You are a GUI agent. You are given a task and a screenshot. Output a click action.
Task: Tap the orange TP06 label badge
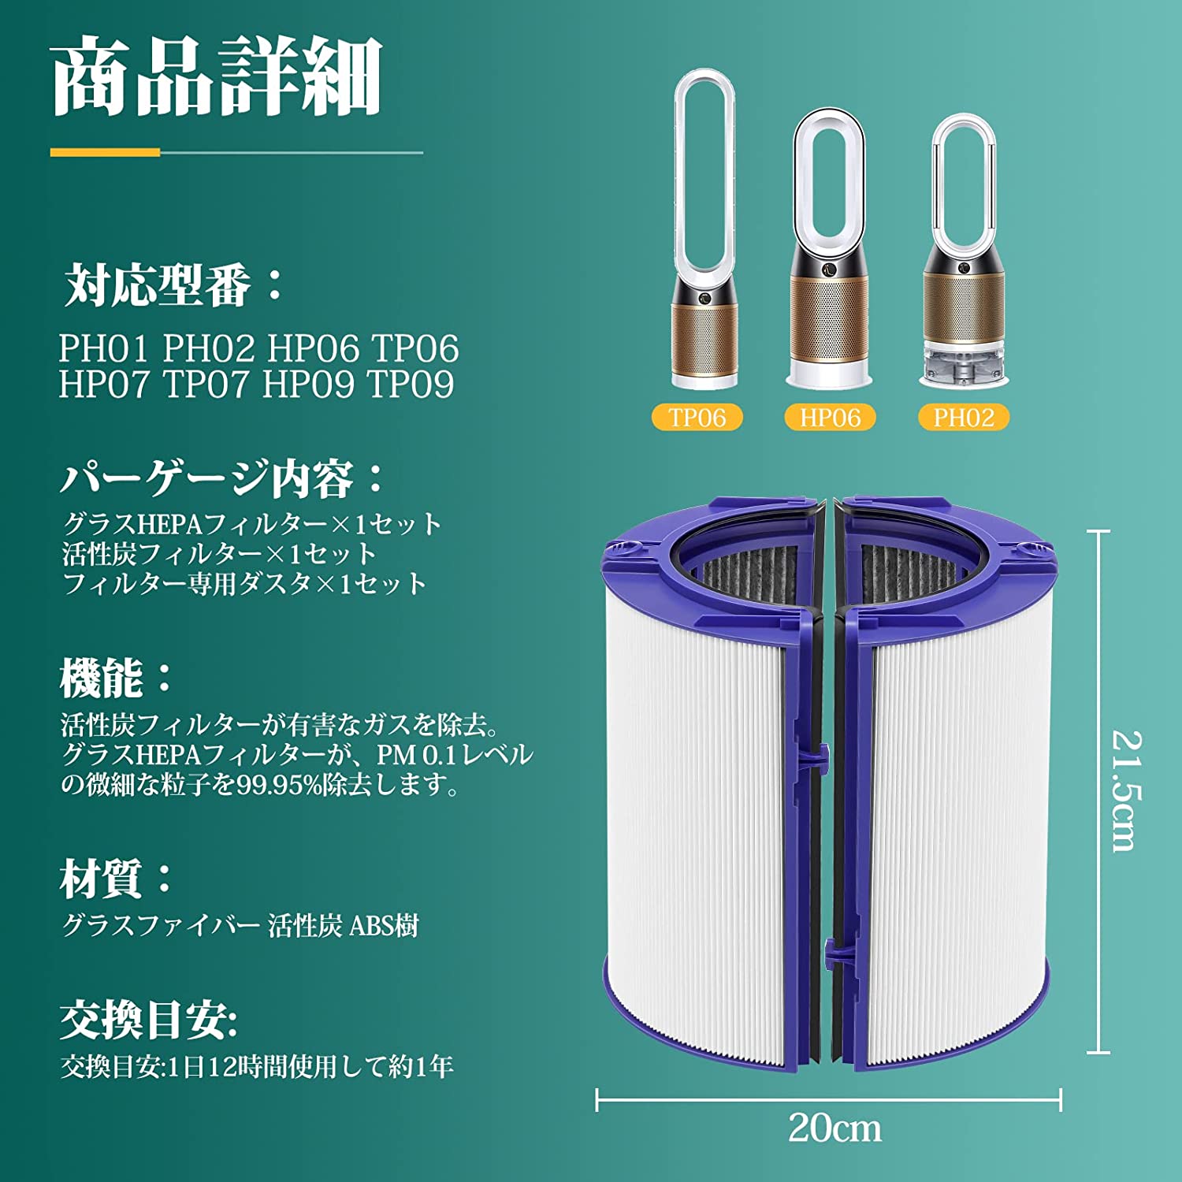tap(697, 417)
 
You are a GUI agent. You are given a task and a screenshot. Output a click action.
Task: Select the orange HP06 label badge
tap(830, 417)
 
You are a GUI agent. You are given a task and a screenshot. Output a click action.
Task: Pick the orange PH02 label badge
tap(963, 417)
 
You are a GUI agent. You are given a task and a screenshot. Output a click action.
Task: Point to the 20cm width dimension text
tap(834, 1128)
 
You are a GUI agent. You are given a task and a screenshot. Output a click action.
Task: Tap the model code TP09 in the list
tap(411, 385)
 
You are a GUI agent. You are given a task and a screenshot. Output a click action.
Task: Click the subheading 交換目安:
tap(148, 1021)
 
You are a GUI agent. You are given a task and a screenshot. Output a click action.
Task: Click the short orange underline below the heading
tap(105, 152)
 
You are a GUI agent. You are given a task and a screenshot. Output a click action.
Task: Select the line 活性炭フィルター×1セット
tap(220, 554)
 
